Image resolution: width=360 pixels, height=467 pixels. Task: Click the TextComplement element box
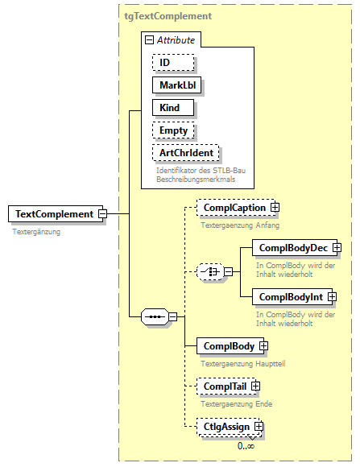pos(52,214)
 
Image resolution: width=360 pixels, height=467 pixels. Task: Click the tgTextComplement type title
pos(168,15)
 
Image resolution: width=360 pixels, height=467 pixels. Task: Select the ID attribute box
pos(172,62)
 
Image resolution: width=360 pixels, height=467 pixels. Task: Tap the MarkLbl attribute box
pos(177,85)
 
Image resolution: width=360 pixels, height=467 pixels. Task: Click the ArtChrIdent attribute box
pos(185,152)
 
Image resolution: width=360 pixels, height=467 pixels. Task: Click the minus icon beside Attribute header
pos(149,39)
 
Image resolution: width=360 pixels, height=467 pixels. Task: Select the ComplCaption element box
pos(234,208)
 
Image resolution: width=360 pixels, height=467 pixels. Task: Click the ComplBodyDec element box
pos(291,248)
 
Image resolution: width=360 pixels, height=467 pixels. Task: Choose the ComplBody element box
pos(228,346)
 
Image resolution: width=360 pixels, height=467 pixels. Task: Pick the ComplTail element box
pos(225,386)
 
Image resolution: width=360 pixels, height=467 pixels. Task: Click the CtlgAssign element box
pos(226,427)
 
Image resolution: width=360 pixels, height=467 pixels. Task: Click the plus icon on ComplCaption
pos(275,208)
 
